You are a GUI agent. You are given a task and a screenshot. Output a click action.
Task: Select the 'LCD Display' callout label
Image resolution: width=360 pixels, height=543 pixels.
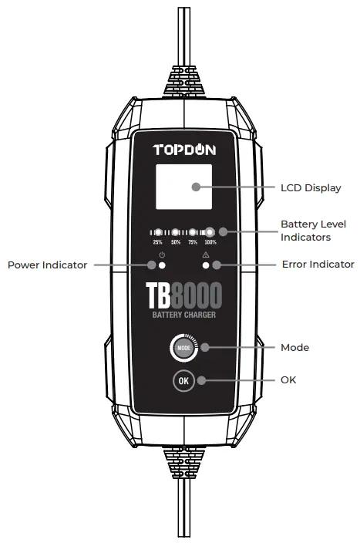point(311,187)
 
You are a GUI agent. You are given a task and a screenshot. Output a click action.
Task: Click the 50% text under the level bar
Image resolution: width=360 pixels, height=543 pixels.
point(175,242)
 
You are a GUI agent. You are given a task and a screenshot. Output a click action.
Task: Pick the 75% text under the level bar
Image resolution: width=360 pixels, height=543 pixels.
point(193,242)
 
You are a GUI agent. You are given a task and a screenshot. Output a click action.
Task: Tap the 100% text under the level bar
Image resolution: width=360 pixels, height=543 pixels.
point(210,242)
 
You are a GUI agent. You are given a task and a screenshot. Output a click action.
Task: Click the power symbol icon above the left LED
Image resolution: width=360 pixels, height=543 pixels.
point(162,255)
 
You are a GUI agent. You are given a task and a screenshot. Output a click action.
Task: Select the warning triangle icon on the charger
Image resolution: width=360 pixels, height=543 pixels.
point(206,255)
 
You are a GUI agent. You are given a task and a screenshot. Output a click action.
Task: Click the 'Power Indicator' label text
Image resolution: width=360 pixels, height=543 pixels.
point(47,265)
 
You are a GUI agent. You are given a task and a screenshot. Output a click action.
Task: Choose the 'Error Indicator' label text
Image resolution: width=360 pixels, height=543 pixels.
point(319,265)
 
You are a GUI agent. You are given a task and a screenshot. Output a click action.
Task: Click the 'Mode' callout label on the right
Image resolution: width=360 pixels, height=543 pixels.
point(294,348)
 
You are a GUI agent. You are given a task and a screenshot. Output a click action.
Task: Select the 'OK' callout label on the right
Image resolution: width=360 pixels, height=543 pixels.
point(288,380)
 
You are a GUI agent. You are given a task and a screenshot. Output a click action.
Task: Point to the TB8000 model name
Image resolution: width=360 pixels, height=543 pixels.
point(183,295)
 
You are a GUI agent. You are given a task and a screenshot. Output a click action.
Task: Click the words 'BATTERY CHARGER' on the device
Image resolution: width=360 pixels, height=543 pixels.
point(183,315)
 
